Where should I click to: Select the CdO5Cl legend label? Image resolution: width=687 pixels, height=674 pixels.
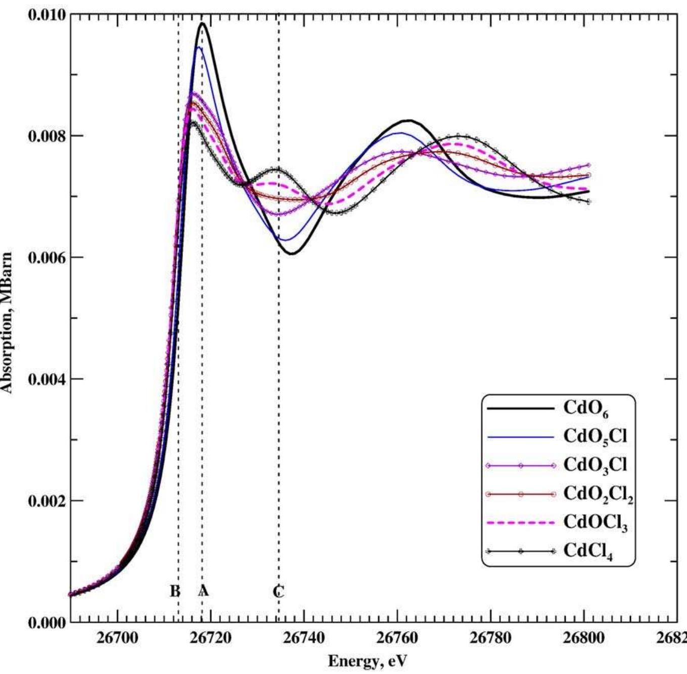pos(595,437)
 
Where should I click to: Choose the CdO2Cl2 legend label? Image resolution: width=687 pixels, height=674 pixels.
pos(598,494)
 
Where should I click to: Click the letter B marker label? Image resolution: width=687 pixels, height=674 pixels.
pos(174,591)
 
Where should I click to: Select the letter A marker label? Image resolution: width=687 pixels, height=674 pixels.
pos(203,590)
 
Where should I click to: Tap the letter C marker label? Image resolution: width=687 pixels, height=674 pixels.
pos(279,591)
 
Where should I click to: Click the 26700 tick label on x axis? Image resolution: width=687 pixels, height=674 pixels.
pos(117,638)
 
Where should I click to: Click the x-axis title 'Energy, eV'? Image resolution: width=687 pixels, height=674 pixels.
pos(367,661)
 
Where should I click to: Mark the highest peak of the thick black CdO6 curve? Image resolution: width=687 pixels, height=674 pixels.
pos(203,23)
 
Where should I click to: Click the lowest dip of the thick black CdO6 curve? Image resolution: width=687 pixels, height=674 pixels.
pos(292,253)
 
